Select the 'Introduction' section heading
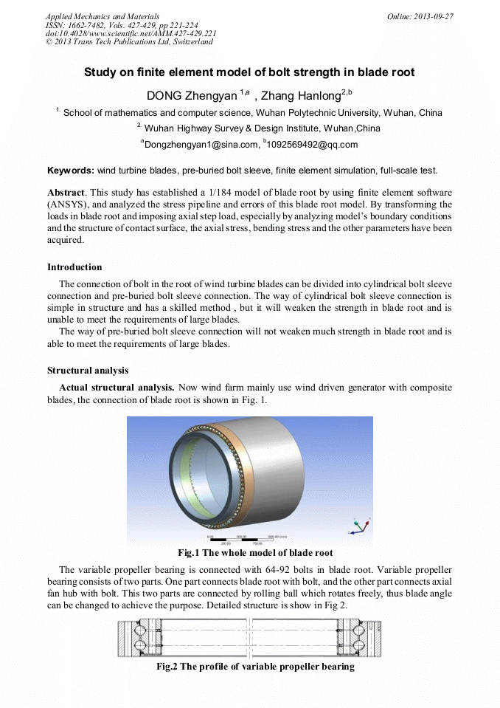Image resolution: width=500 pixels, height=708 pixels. (x=74, y=267)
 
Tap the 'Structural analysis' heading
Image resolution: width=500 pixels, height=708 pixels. (x=88, y=370)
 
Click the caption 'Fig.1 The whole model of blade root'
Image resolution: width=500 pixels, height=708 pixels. (x=255, y=553)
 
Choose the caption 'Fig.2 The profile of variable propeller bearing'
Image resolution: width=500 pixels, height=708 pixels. (x=255, y=667)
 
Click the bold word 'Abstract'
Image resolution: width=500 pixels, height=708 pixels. (x=67, y=192)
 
